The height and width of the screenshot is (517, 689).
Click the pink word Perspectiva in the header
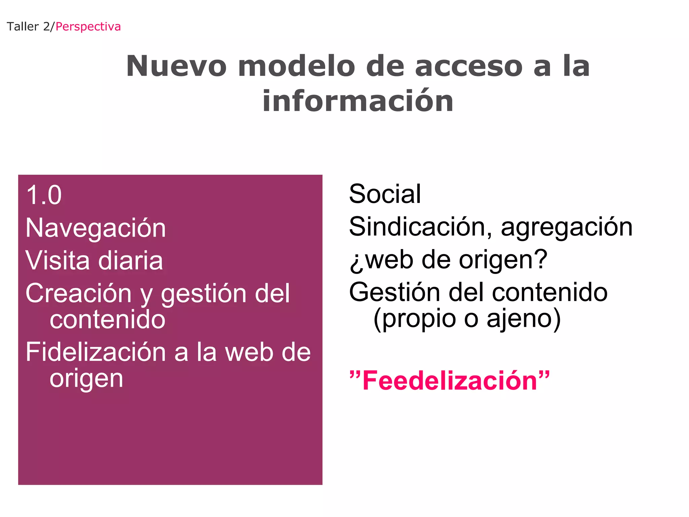click(88, 27)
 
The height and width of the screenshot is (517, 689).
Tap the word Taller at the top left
click(23, 27)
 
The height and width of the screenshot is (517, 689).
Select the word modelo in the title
click(296, 66)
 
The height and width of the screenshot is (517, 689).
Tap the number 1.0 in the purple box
click(44, 195)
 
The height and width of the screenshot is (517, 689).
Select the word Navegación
click(96, 228)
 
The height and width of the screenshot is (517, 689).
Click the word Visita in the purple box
click(58, 261)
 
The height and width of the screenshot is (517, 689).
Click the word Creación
click(78, 294)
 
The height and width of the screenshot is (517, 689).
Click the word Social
click(385, 194)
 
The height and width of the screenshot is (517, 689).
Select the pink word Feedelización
click(449, 381)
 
